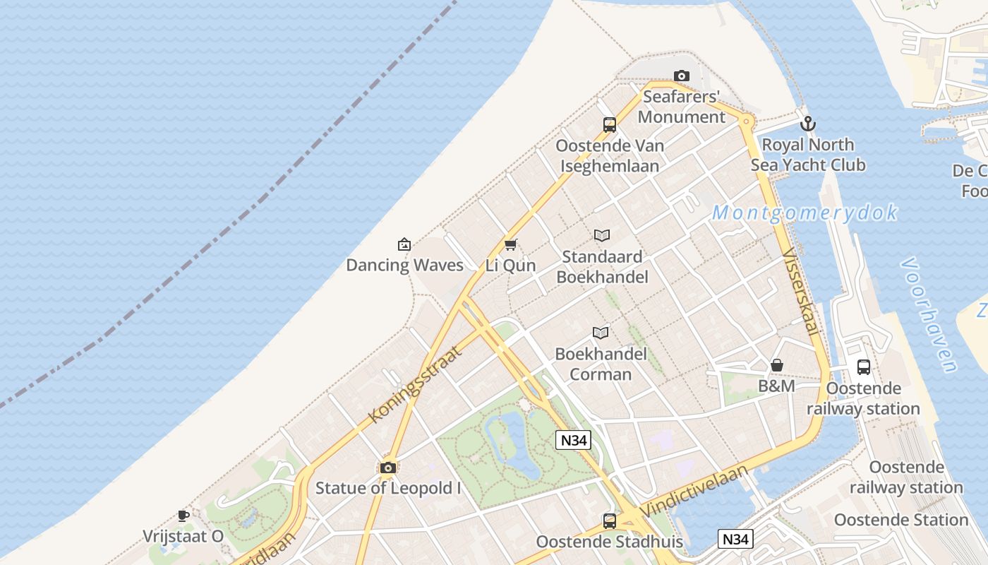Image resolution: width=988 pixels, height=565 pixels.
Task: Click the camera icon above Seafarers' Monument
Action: click(681, 76)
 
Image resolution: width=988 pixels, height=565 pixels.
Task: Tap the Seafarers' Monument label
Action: click(682, 107)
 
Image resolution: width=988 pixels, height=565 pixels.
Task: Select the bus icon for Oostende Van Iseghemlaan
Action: click(610, 125)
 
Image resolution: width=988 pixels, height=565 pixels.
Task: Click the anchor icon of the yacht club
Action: click(808, 124)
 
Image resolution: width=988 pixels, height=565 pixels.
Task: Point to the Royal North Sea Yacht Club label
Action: click(808, 155)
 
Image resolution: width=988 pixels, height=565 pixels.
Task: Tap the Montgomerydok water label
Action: click(805, 213)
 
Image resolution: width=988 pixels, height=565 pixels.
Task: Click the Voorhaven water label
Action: click(929, 315)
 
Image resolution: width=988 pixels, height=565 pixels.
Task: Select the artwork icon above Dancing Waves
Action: click(404, 244)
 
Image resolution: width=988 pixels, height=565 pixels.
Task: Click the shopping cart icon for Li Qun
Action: click(511, 244)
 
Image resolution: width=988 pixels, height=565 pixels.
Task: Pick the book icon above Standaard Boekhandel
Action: click(602, 235)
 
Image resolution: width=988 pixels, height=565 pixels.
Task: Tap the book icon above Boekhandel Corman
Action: click(601, 333)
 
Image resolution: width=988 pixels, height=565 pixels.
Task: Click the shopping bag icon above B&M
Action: click(777, 365)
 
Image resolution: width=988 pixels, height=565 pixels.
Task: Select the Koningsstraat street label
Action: click(414, 385)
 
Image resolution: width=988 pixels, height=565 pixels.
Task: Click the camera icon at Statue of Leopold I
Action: click(387, 468)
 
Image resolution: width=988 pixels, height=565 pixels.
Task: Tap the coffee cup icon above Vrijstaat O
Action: click(183, 516)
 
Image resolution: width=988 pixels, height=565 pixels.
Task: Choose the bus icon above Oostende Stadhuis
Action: click(610, 521)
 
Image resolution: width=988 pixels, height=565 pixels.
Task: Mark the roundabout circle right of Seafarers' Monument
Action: click(747, 122)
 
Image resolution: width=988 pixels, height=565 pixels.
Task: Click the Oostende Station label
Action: click(901, 520)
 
